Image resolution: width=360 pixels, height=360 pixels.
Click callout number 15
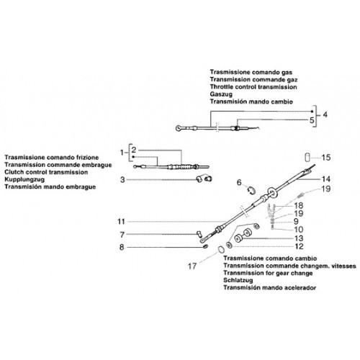point(326,158)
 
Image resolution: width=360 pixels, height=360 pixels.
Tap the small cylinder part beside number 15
point(307,157)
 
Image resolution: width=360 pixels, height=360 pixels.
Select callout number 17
point(192,266)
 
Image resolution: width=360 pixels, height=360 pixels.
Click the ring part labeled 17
point(222,249)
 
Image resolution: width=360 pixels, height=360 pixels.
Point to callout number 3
point(122,179)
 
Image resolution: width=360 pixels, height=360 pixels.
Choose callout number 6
point(239,182)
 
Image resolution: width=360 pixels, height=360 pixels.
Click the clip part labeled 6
point(251,190)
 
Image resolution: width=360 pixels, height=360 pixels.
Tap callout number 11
point(121,221)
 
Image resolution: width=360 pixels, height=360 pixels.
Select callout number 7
point(122,235)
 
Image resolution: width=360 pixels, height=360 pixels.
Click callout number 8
point(122,247)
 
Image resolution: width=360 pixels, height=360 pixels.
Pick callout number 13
point(299,238)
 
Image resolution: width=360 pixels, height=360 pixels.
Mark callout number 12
point(299,246)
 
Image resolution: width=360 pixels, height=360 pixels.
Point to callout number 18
point(299,206)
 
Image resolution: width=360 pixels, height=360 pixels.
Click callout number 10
point(299,230)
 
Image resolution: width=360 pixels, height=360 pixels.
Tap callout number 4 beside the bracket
point(325,114)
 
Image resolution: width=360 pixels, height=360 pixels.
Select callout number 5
point(312,120)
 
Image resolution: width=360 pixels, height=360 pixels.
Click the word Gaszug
point(221,94)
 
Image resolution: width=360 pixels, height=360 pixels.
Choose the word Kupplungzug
point(24,179)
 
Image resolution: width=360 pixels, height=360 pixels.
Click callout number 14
point(326,179)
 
